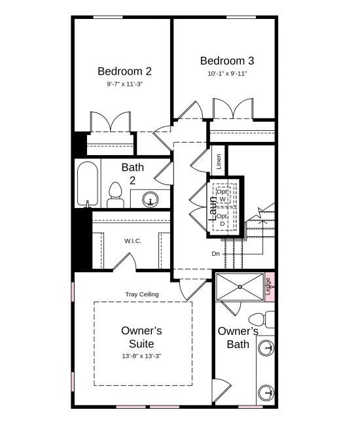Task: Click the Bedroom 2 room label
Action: pos(125,71)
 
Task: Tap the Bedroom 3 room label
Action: pos(227,61)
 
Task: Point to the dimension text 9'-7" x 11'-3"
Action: pos(125,84)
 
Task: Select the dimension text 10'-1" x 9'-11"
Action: pos(227,74)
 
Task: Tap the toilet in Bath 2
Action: pos(116,195)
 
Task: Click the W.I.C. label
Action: pos(133,241)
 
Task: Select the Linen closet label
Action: pos(219,162)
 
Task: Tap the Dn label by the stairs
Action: pos(215,253)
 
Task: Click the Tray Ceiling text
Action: pos(142,294)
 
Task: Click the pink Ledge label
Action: pos(268,287)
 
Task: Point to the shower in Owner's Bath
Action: pos(239,286)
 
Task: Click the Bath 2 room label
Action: pos(132,173)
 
